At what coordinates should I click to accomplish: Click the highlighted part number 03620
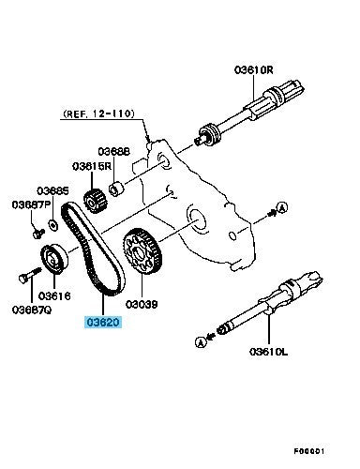coord(103,322)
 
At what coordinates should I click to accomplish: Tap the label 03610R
coord(253,69)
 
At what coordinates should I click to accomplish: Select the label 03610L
coord(268,352)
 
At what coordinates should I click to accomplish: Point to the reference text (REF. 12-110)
coord(98,113)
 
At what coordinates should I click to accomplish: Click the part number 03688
coord(113,151)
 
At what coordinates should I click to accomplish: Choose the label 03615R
coord(92,166)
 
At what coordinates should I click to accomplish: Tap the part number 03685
coord(52,190)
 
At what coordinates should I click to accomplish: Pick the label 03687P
coord(31,204)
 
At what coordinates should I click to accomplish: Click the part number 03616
coord(54,295)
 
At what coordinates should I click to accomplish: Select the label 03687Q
coord(32,310)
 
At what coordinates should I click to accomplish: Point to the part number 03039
coord(142,304)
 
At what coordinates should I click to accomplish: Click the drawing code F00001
coord(309,451)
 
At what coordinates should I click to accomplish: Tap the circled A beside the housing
coord(282,207)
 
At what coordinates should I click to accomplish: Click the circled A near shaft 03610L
coord(201,342)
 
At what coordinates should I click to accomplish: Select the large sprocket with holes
coord(142,252)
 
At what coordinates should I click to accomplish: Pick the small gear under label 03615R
coord(96,202)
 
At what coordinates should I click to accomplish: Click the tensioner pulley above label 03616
coord(54,258)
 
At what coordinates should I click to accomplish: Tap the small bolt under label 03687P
coord(38,234)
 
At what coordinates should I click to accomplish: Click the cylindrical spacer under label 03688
coord(116,189)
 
